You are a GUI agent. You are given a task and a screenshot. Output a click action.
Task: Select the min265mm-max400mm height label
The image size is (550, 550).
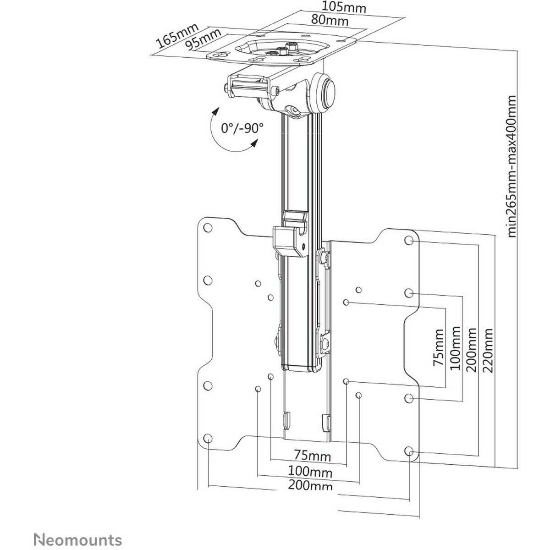(512, 166)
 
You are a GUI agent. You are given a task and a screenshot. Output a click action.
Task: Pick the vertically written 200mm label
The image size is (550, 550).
(472, 350)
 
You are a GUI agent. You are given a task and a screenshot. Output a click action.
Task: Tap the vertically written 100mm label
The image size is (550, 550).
(456, 350)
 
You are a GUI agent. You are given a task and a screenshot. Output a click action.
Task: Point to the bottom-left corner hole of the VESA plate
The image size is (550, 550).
(208, 437)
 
